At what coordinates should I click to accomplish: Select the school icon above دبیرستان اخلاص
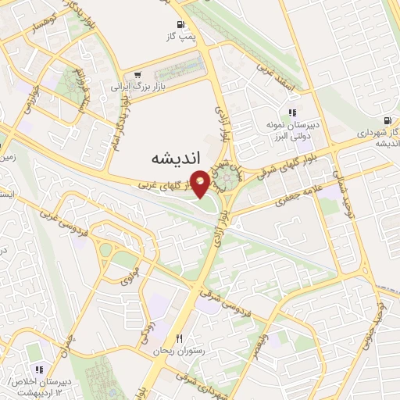pyautogui.click(x=37, y=370)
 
